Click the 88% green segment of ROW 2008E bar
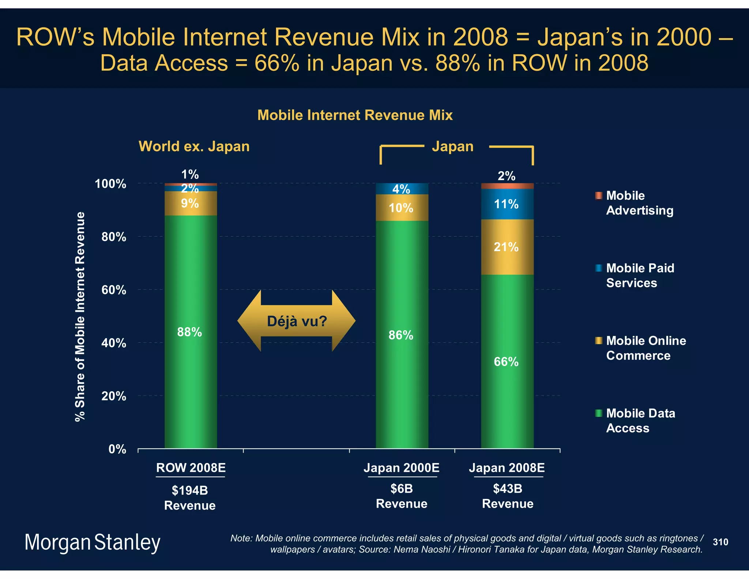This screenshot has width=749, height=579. coord(191,331)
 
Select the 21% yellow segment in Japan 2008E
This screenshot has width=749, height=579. coord(507,247)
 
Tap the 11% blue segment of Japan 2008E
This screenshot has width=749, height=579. coord(507,204)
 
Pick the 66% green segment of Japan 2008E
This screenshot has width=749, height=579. coord(507,361)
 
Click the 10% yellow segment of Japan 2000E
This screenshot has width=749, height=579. coord(402,208)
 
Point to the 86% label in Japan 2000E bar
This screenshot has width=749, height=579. coord(401,335)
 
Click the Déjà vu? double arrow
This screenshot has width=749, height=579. coord(296,321)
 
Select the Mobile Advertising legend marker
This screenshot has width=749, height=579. coord(598,195)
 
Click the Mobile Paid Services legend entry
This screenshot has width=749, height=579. coord(640,275)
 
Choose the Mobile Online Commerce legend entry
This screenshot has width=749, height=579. coord(646,348)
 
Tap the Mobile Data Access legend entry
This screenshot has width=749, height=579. coord(640,420)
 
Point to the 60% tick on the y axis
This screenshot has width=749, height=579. coord(114,290)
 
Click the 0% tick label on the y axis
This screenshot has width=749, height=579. coord(117,449)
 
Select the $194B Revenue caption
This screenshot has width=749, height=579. coord(190,498)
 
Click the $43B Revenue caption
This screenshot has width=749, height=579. coord(508,496)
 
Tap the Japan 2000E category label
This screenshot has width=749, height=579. coord(402,468)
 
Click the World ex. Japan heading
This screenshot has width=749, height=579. coord(194,146)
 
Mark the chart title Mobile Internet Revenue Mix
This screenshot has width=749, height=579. coord(355,115)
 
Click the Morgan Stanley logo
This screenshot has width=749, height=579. coord(93,542)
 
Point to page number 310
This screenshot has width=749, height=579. coord(720,542)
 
